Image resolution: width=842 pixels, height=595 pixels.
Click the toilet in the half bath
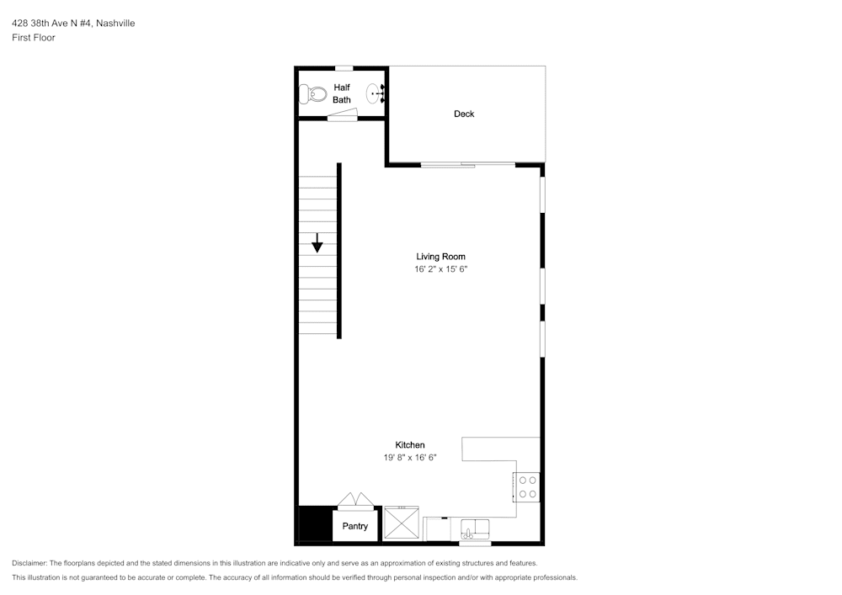coord(312,94)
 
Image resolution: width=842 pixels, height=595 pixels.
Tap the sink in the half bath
coord(376,93)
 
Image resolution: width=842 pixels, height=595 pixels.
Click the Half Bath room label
coord(342,93)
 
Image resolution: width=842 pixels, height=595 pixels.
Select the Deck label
coord(464,114)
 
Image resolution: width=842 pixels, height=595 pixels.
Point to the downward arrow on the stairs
coord(317,242)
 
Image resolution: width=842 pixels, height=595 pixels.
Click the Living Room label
coord(441,257)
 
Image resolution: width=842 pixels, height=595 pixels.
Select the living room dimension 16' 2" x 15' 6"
coord(441,269)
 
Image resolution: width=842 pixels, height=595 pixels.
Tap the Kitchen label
coord(410,444)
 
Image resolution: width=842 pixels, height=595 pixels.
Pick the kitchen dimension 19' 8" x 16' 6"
coord(410,458)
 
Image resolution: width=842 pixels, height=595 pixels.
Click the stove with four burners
coord(526,487)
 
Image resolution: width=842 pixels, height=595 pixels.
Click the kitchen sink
coord(475,529)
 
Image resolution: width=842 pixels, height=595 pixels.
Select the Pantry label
coord(355,526)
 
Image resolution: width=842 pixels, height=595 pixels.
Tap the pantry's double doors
coord(355,500)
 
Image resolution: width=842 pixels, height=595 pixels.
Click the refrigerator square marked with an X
coord(401,523)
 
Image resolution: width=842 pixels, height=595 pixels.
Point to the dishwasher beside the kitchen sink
coord(437,529)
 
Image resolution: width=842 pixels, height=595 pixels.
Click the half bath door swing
coord(343,114)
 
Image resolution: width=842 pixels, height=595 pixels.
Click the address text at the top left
coord(73,23)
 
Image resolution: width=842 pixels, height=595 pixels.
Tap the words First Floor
coord(34,38)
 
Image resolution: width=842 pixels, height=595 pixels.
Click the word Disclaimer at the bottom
coord(29,563)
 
